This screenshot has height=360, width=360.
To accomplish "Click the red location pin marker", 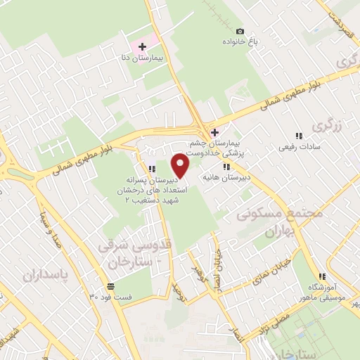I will [181, 167].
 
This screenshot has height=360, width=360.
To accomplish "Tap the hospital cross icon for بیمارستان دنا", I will [143, 46].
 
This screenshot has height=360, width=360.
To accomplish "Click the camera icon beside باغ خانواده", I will [240, 31].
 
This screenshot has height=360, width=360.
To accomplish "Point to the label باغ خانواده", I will [240, 43].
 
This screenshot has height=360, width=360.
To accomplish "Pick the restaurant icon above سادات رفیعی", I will [298, 135].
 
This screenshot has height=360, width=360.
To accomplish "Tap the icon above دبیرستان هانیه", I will [226, 166].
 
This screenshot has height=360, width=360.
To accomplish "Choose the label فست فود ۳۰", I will [111, 297].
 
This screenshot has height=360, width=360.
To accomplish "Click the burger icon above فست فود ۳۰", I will [111, 286].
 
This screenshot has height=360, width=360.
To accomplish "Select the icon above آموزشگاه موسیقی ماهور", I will [322, 276].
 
